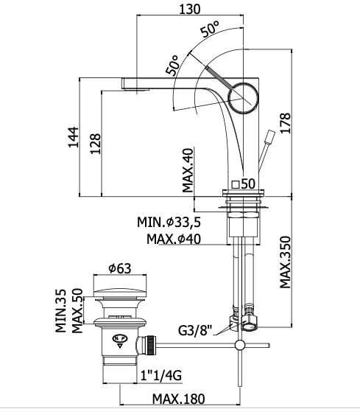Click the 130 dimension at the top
tap(189, 9)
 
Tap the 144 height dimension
tap(74, 137)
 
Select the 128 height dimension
tap(96, 144)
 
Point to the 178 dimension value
tap(286, 123)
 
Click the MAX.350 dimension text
tap(286, 262)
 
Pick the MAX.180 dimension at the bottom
tap(179, 399)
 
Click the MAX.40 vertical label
tap(188, 170)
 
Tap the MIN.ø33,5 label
tap(169, 223)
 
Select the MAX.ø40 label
tap(174, 239)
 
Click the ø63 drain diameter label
tap(120, 268)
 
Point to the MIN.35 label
tap(61, 311)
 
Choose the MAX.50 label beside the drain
tap(77, 311)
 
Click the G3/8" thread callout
tap(195, 330)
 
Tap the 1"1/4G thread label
tap(161, 375)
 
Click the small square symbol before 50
tap(236, 185)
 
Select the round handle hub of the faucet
tap(243, 98)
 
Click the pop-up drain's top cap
tap(120, 293)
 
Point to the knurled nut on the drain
tap(151, 345)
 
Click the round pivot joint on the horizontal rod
tap(239, 345)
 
